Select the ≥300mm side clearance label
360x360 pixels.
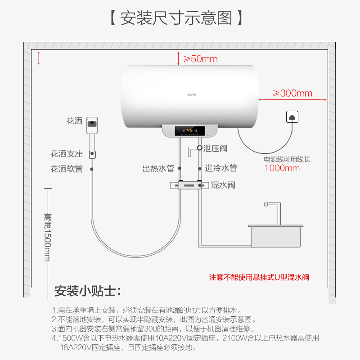coord(292,94)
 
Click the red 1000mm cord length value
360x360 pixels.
coord(282,168)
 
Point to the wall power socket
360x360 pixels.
coord(292,117)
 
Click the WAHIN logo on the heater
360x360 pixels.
coord(193,94)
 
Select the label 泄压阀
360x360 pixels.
coord(215,148)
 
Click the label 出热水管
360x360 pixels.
coord(158,169)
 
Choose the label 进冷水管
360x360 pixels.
coord(221,169)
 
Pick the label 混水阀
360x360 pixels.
coord(223,185)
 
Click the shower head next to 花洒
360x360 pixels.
coord(92,124)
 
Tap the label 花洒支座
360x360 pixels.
coord(67,154)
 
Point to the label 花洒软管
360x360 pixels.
coord(67,169)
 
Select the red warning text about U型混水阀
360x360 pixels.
coord(259,277)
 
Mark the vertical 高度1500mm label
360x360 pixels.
coord(48,237)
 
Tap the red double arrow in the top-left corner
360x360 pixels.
coord(39,58)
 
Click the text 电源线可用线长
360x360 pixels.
coord(287,159)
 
